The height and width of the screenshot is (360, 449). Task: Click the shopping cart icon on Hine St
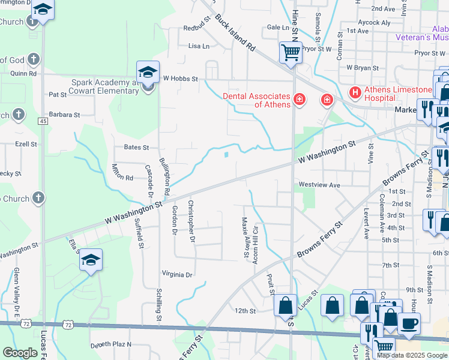coord(291,52)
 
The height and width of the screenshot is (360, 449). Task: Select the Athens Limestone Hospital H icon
coord(355,92)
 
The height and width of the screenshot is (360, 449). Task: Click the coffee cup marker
coord(409,323)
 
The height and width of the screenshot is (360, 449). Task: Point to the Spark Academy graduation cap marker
coord(148,73)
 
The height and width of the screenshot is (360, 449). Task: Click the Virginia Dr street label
coord(177,274)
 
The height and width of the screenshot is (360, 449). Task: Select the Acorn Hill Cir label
coord(256,239)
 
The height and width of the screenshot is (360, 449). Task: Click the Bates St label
coord(136,147)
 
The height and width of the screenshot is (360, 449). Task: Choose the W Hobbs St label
coord(180,78)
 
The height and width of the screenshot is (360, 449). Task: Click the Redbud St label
coord(197,28)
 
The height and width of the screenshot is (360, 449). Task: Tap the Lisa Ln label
coord(199,46)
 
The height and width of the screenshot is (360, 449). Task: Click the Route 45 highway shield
coord(43,121)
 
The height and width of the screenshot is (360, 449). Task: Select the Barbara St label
coord(64,115)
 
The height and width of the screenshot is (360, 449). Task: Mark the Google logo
coord(20,352)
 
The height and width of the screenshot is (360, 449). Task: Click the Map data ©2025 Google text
coord(412,355)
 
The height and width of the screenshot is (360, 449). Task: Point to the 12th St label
coord(245,311)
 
